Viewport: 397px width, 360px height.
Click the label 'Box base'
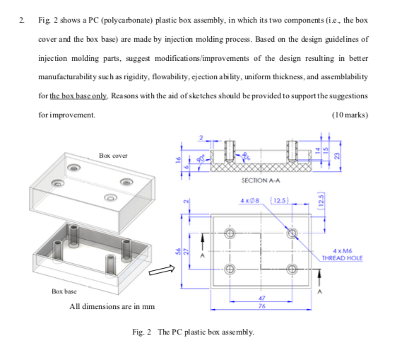pyautogui.click(x=64, y=291)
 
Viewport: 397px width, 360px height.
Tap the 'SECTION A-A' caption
pyautogui.click(x=259, y=182)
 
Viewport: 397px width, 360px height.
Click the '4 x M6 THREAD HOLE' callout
pyautogui.click(x=341, y=255)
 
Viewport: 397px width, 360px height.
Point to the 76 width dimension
pyautogui.click(x=261, y=306)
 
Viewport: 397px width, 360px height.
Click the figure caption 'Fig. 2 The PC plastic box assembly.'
pyautogui.click(x=193, y=332)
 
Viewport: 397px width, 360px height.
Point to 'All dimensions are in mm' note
pyautogui.click(x=112, y=306)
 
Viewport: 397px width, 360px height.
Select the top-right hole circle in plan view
pyautogui.click(x=291, y=233)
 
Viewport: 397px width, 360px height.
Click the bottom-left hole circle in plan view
pyautogui.click(x=230, y=269)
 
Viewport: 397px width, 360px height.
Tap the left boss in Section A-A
pyautogui.click(x=228, y=151)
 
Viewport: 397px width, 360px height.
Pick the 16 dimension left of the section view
pyautogui.click(x=179, y=159)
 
